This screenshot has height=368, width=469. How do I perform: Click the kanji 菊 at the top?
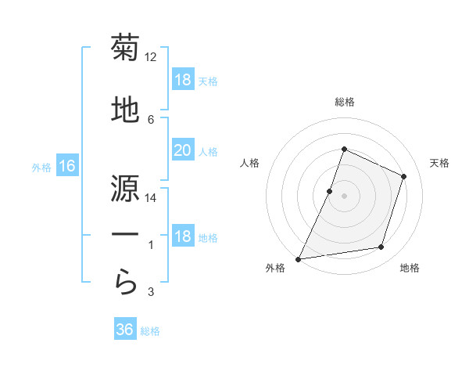pos(125,49)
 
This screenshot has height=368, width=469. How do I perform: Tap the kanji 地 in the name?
pos(125,110)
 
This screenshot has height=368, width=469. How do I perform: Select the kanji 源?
pos(125,189)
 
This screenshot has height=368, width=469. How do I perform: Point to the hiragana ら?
pos(125,283)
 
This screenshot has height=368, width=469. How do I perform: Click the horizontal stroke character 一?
pos(125,236)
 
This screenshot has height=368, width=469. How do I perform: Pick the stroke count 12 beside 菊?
pos(151,57)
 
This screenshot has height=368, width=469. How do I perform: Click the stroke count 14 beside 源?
pos(151,198)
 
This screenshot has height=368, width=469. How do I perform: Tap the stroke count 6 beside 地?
pos(151,119)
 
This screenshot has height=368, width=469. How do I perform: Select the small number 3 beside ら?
pos(151,292)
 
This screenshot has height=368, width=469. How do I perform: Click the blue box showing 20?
pos(182,151)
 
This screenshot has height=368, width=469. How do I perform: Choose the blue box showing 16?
pos(67,166)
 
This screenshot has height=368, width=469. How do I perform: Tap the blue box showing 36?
pos(125,330)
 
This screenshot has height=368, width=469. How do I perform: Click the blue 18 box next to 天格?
pos(182,81)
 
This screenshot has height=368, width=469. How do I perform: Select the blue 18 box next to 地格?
pos(182,237)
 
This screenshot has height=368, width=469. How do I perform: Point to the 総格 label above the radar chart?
pos(344,102)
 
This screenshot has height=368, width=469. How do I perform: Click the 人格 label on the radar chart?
pos(249,163)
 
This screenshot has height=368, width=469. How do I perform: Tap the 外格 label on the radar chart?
pos(275,269)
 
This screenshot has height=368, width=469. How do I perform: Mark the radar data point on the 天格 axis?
pos(404,176)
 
